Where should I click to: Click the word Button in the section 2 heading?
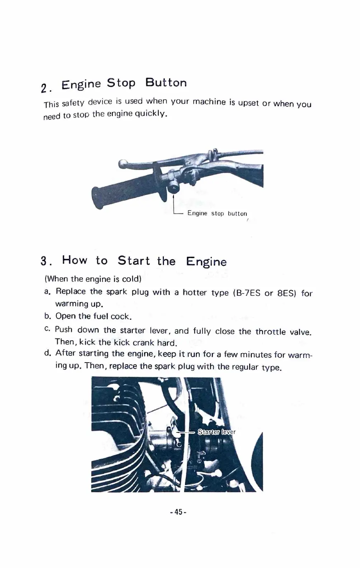166,83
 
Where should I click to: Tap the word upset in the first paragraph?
248,103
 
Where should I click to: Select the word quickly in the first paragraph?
151,114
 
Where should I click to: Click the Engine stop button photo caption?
217,213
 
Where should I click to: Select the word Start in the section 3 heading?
134,261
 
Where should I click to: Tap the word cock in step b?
120,317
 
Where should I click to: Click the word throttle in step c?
270,332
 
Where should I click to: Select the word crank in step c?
143,342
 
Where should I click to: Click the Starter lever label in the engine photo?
217,432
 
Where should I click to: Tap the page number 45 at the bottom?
178,512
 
